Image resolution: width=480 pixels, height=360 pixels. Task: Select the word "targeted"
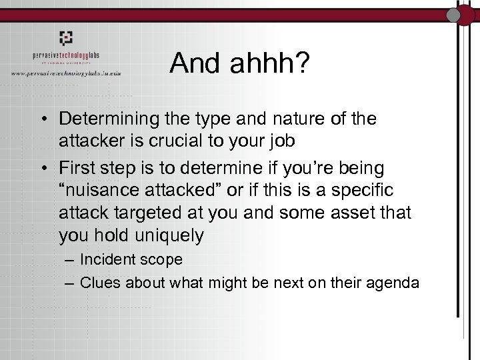[145, 213]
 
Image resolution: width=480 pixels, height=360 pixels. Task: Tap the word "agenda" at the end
[395, 283]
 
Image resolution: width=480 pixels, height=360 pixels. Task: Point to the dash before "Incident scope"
[70, 260]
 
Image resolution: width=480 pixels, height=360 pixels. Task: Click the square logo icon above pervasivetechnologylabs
[65, 38]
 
